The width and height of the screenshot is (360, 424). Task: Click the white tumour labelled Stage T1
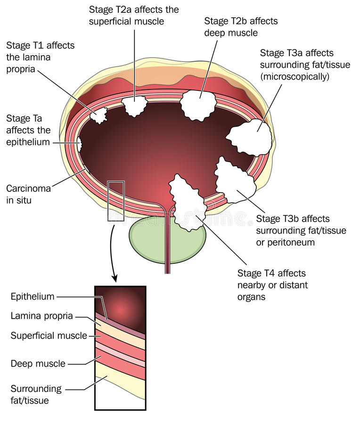99,114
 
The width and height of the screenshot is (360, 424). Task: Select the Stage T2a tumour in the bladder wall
135,106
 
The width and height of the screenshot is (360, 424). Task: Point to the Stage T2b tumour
198,106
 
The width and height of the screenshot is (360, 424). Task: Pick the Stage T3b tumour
234,180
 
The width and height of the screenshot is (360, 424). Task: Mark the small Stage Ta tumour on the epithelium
80,144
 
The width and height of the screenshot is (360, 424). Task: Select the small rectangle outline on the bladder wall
115,201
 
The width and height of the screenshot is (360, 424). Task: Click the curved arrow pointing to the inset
112,254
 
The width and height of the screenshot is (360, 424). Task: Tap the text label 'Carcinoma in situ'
28,194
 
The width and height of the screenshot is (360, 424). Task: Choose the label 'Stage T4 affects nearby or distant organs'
272,285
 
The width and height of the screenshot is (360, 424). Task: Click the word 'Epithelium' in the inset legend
33,296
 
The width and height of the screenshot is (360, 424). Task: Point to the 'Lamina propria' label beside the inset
41,316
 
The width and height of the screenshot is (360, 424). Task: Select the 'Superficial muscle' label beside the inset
49,335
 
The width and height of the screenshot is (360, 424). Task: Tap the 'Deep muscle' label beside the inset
38,364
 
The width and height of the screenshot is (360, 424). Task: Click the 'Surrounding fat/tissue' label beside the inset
36,395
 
